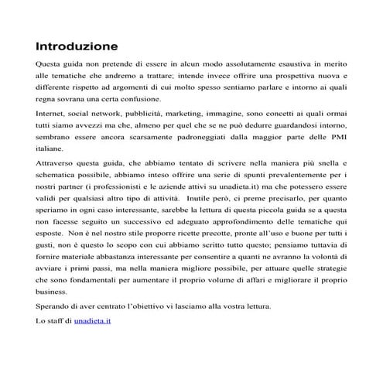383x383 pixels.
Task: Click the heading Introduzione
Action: point(76,46)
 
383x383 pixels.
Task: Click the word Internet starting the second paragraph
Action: point(52,112)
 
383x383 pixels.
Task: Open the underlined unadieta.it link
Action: point(93,320)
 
